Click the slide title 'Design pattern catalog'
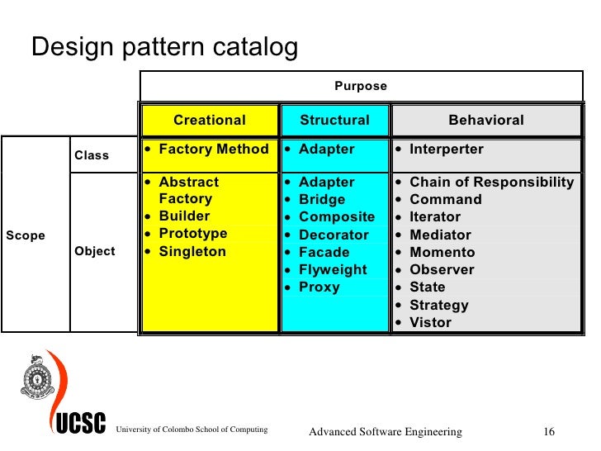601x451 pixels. pyautogui.click(x=164, y=47)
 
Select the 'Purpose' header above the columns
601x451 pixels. pyautogui.click(x=360, y=86)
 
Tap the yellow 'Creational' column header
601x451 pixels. pyautogui.click(x=209, y=120)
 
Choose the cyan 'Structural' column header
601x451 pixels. pyautogui.click(x=334, y=120)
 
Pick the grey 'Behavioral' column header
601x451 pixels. pyautogui.click(x=485, y=120)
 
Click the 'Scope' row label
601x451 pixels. pyautogui.click(x=26, y=235)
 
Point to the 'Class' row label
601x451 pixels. pyautogui.click(x=92, y=155)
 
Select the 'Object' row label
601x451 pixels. pyautogui.click(x=95, y=251)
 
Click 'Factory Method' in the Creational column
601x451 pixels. pyautogui.click(x=213, y=150)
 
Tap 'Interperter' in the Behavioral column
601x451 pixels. pyautogui.click(x=447, y=150)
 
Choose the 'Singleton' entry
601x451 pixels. pyautogui.click(x=192, y=252)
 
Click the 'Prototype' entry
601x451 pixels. pyautogui.click(x=192, y=234)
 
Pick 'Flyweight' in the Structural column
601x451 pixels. pyautogui.click(x=333, y=269)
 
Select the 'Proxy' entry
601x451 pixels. pyautogui.click(x=319, y=287)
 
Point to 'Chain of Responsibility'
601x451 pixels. pyautogui.click(x=491, y=182)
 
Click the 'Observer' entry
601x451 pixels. pyautogui.click(x=442, y=269)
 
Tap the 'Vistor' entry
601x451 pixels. pyautogui.click(x=430, y=322)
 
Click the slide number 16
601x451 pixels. pyautogui.click(x=548, y=432)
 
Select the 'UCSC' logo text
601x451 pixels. pyautogui.click(x=81, y=425)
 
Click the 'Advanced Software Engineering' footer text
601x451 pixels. pyautogui.click(x=385, y=432)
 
